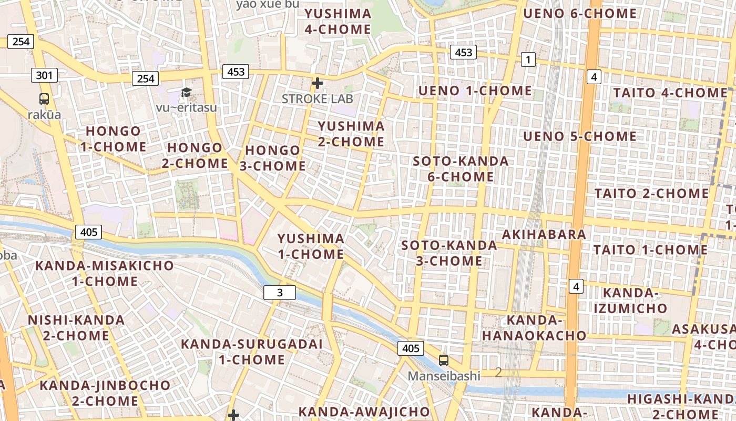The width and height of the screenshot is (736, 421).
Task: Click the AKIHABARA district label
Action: tap(544, 234)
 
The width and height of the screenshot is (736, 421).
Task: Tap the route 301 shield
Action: tap(44, 75)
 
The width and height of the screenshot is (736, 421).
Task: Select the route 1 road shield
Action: tap(528, 59)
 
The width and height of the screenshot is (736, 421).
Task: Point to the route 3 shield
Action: tap(280, 293)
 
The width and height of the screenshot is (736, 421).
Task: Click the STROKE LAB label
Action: tap(318, 98)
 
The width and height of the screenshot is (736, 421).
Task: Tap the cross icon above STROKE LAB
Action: tap(317, 83)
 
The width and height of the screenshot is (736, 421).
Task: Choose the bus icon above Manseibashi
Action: tap(444, 360)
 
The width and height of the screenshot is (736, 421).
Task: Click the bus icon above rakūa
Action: tap(44, 98)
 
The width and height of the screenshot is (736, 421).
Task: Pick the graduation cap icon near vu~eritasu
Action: tap(186, 93)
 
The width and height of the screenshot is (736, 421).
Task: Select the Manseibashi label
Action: tap(445, 376)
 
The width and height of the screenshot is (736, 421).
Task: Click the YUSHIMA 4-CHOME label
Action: tap(338, 21)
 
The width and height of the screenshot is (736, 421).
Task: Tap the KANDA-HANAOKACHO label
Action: tap(534, 327)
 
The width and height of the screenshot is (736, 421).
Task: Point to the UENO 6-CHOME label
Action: tap(580, 14)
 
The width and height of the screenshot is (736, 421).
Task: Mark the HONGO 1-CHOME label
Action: tap(113, 138)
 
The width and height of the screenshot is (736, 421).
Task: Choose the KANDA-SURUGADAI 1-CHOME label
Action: tap(251, 352)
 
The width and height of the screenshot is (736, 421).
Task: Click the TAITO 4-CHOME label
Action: tap(670, 93)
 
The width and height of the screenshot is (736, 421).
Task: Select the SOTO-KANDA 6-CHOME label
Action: tap(461, 168)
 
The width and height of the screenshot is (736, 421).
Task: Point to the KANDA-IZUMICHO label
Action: tap(630, 300)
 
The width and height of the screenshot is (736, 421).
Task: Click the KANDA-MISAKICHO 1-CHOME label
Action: tap(104, 273)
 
